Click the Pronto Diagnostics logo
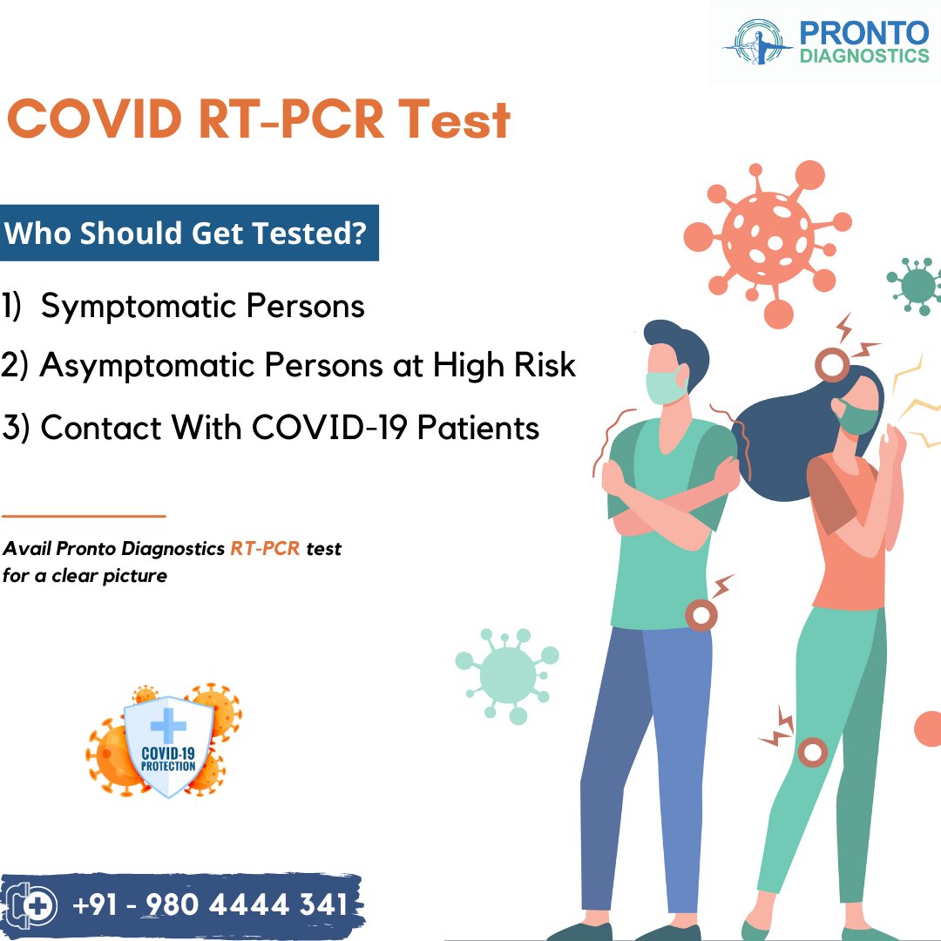[825, 42]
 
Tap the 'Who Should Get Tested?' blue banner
[188, 234]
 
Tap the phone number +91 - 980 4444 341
[209, 904]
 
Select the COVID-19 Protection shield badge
[168, 745]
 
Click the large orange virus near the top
[768, 236]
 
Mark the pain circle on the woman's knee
[813, 751]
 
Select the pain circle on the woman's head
[832, 365]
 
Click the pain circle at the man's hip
[701, 614]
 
